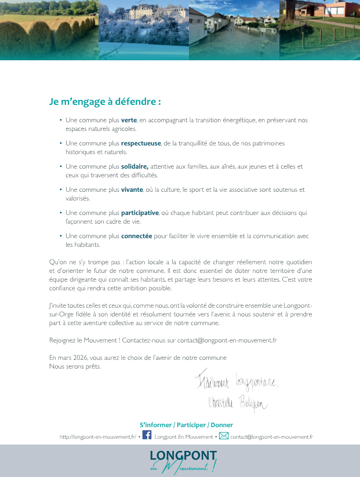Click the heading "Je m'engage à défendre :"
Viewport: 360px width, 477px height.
(105, 101)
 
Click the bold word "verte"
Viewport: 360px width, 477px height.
(129, 120)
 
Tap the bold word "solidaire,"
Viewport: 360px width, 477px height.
(134, 166)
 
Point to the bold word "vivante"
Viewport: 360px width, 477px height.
(132, 190)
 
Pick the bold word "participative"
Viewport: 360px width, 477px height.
(140, 213)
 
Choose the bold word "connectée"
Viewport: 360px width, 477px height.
(136, 236)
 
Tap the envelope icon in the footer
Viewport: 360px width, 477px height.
(224, 436)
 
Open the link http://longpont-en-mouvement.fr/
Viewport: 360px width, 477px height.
(97, 437)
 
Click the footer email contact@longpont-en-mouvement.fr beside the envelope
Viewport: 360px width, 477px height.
(271, 437)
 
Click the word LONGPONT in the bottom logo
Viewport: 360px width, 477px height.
(183, 455)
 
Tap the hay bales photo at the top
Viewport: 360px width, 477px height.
(49, 29)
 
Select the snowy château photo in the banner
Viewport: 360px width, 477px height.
(144, 29)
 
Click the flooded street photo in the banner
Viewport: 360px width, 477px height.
(234, 29)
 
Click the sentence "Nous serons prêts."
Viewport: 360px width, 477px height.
(75, 366)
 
